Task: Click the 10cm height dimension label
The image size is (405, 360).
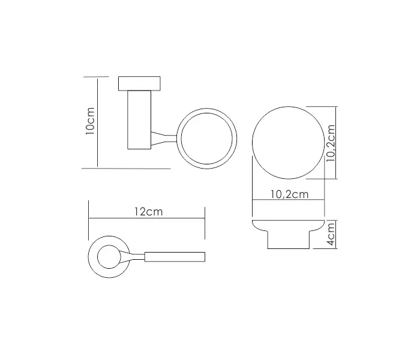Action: click(x=90, y=121)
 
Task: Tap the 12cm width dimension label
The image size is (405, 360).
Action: click(x=149, y=212)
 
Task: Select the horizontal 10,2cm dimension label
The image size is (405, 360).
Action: click(x=289, y=194)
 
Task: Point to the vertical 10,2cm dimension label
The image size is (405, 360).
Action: click(x=331, y=143)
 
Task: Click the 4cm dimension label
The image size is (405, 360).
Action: click(x=331, y=235)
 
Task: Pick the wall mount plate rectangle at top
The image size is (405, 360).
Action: click(x=139, y=83)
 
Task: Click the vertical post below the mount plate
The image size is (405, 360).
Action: click(x=139, y=120)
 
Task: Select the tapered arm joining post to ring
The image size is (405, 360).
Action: click(x=164, y=138)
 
